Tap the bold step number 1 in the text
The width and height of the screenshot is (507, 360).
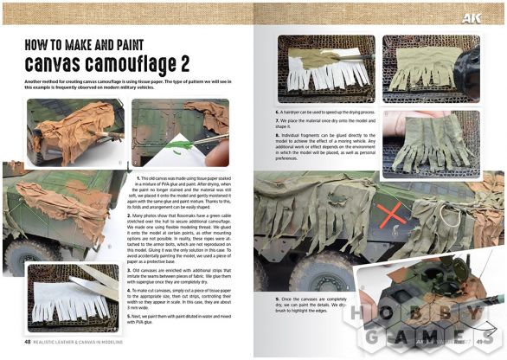(139, 177)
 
